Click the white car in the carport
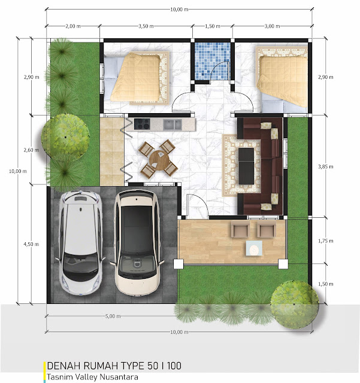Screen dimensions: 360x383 coord(80,243)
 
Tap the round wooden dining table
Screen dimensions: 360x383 coord(159,160)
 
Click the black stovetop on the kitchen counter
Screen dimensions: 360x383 coord(142,124)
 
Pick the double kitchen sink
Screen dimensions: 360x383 coord(173,124)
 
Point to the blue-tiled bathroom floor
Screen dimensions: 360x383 coord(213,61)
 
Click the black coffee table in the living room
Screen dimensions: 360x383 coord(246,166)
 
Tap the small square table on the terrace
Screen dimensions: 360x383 coord(254,248)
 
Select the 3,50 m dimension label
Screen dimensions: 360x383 coord(146,26)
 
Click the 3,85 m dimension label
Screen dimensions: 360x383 coord(325,167)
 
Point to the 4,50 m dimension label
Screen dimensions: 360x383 coord(31,244)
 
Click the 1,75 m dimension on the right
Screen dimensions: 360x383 coord(325,241)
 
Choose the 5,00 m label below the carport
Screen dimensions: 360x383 coord(113,316)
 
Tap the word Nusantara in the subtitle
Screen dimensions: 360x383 coord(122,377)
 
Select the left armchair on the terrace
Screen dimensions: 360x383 coord(240,229)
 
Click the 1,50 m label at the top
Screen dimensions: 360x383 coord(213,26)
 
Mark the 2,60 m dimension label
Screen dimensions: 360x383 coord(31,150)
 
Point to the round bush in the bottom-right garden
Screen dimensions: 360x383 coord(295,305)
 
